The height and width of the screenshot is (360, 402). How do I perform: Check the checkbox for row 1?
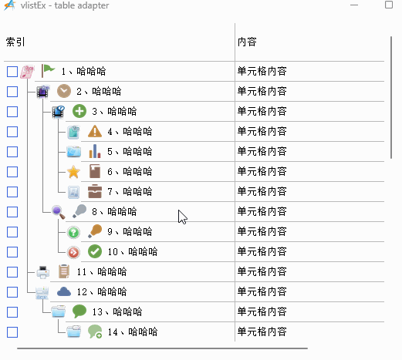pos(12,72)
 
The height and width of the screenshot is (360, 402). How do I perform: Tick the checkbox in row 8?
pos(12,212)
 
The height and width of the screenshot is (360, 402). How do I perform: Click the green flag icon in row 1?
pos(48,71)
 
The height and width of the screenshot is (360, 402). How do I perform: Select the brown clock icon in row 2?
pos(64,91)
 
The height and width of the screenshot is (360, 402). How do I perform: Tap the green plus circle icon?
pos(79,111)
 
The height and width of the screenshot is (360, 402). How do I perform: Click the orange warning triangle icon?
pos(95,131)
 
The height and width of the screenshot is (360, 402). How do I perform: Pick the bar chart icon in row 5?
pos(95,151)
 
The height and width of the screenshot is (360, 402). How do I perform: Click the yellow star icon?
pos(73,172)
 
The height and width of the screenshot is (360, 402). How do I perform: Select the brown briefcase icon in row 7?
pos(95,191)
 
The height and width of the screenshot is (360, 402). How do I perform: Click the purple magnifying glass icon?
pos(59,212)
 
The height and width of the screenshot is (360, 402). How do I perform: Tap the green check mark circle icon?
pos(95,251)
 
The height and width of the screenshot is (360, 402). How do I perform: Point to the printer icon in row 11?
pos(43,272)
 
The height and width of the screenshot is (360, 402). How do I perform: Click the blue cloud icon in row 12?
pos(64,291)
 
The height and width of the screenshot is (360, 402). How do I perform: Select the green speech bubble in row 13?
pos(79,311)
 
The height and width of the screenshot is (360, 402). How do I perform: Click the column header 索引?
pos(15,42)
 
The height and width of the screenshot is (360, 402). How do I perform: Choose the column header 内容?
pos(247,42)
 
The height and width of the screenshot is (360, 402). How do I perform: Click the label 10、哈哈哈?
pos(133,251)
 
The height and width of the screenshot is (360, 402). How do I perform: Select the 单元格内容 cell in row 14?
pos(262,331)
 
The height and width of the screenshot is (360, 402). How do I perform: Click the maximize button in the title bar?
pos(389,5)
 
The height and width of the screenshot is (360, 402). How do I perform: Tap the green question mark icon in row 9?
pos(73,232)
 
